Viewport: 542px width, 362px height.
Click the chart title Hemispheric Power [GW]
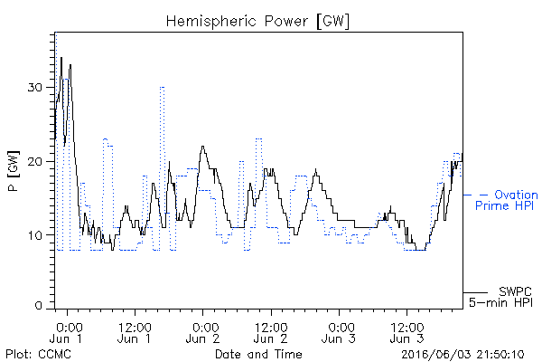[257, 21]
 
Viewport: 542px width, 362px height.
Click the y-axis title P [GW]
[14, 171]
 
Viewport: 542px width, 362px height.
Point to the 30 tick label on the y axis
[35, 87]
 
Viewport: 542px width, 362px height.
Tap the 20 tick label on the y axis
[35, 161]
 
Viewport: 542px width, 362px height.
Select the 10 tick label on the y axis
[35, 235]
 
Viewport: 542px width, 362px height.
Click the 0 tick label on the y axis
[39, 306]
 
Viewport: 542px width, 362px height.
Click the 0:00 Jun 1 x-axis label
[67, 332]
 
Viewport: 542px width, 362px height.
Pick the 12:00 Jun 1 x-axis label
[135, 332]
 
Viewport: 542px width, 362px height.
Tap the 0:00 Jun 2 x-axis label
[203, 332]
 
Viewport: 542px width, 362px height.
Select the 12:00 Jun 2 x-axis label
[271, 332]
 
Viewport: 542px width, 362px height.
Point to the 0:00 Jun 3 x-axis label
[339, 332]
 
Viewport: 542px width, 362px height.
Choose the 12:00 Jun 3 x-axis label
[407, 332]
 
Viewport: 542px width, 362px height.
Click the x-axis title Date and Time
[258, 354]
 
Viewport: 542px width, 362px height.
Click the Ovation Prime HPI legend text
[506, 200]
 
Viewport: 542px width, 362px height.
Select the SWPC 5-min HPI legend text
[500, 297]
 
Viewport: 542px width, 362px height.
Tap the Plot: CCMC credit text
[38, 354]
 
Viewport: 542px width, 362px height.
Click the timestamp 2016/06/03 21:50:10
[463, 355]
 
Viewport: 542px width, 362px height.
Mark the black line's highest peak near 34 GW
[61, 58]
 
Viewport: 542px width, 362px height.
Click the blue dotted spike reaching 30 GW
[162, 87]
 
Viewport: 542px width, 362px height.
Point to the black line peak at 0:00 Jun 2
[203, 147]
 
